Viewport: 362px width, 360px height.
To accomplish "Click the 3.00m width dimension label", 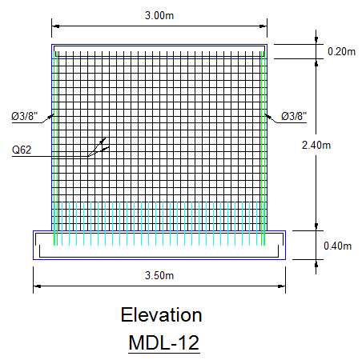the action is (x=159, y=15).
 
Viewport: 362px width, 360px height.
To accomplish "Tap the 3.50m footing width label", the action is (x=159, y=275).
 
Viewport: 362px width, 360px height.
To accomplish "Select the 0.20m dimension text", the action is (x=341, y=51).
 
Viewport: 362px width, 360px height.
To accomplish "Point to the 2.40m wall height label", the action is (x=316, y=145).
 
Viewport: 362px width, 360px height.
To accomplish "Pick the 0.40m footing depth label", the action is (x=337, y=246).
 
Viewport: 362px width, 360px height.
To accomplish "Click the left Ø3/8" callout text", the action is (x=25, y=116).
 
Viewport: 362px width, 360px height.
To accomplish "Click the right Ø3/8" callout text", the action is (x=294, y=116).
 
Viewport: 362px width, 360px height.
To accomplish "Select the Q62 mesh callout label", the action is (x=22, y=150).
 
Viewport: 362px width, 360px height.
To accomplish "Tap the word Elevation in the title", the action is (x=161, y=315).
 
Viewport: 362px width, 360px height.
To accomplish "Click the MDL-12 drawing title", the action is (x=164, y=342).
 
